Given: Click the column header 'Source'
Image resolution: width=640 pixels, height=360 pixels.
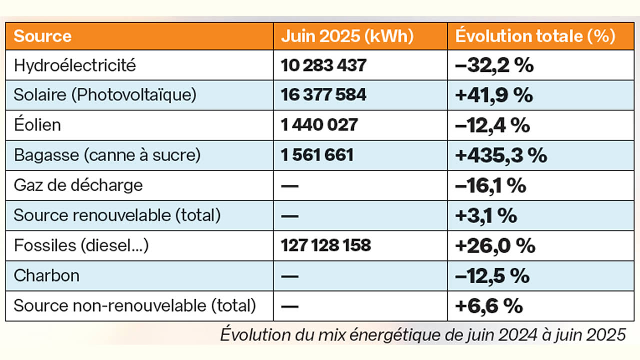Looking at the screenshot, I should pyautogui.click(x=43, y=36).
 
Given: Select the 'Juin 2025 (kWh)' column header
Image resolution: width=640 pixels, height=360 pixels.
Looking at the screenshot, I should pyautogui.click(x=347, y=36).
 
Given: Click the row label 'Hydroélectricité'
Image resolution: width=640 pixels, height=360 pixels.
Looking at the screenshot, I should pyautogui.click(x=75, y=65).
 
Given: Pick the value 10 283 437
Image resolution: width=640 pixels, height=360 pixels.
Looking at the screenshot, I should pyautogui.click(x=324, y=65).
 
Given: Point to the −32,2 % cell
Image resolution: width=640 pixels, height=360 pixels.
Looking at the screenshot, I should pyautogui.click(x=494, y=65).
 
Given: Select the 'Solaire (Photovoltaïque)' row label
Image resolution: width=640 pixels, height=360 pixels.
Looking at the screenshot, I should pyautogui.click(x=105, y=95).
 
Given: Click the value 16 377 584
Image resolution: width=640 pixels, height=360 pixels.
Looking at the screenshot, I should pyautogui.click(x=324, y=95).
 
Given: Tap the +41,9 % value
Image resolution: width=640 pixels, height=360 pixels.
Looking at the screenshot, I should pyautogui.click(x=494, y=95).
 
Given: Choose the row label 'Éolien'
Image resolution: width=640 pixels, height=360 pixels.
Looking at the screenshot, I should pyautogui.click(x=38, y=125).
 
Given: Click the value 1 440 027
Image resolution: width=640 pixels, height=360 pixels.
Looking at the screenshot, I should pyautogui.click(x=320, y=125).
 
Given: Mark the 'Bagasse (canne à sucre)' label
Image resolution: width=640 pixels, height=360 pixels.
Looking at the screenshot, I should pyautogui.click(x=107, y=155).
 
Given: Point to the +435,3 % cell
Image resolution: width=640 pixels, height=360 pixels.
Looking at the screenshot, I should pyautogui.click(x=501, y=155).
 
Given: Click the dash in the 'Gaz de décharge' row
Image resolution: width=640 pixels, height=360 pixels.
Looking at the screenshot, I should pyautogui.click(x=290, y=186).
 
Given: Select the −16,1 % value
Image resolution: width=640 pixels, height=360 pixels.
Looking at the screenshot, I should pyautogui.click(x=491, y=185).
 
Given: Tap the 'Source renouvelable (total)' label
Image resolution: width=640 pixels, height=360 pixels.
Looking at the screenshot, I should pyautogui.click(x=117, y=215).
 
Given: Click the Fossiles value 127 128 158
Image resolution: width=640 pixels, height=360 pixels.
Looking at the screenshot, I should pyautogui.click(x=326, y=245).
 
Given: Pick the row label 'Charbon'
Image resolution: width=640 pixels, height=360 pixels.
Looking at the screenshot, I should pyautogui.click(x=47, y=275).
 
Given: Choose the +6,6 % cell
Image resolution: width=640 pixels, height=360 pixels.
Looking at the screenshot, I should pyautogui.click(x=489, y=306).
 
